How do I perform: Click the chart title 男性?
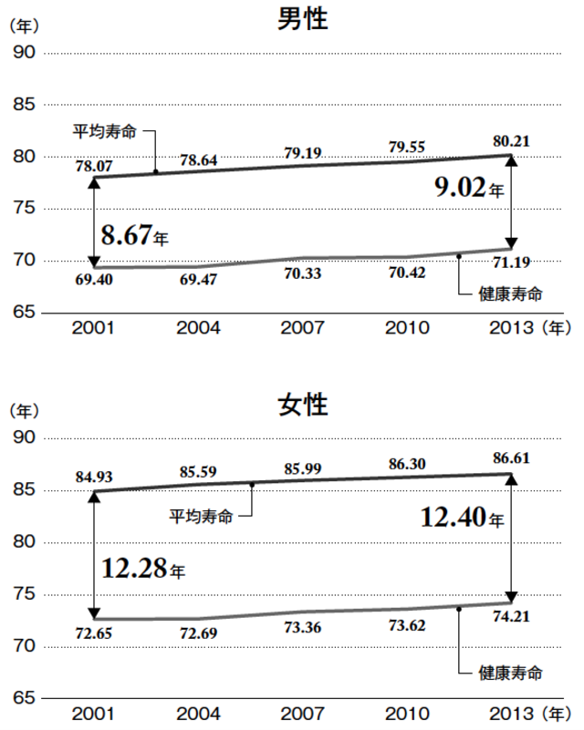(302, 19)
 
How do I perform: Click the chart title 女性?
(302, 405)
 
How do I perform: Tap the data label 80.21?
(510, 141)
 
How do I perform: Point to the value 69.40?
(93, 279)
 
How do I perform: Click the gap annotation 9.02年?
(468, 189)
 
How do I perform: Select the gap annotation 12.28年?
(142, 570)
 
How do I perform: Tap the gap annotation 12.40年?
(462, 519)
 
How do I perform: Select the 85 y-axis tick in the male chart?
(25, 105)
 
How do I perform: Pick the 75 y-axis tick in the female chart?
(25, 594)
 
